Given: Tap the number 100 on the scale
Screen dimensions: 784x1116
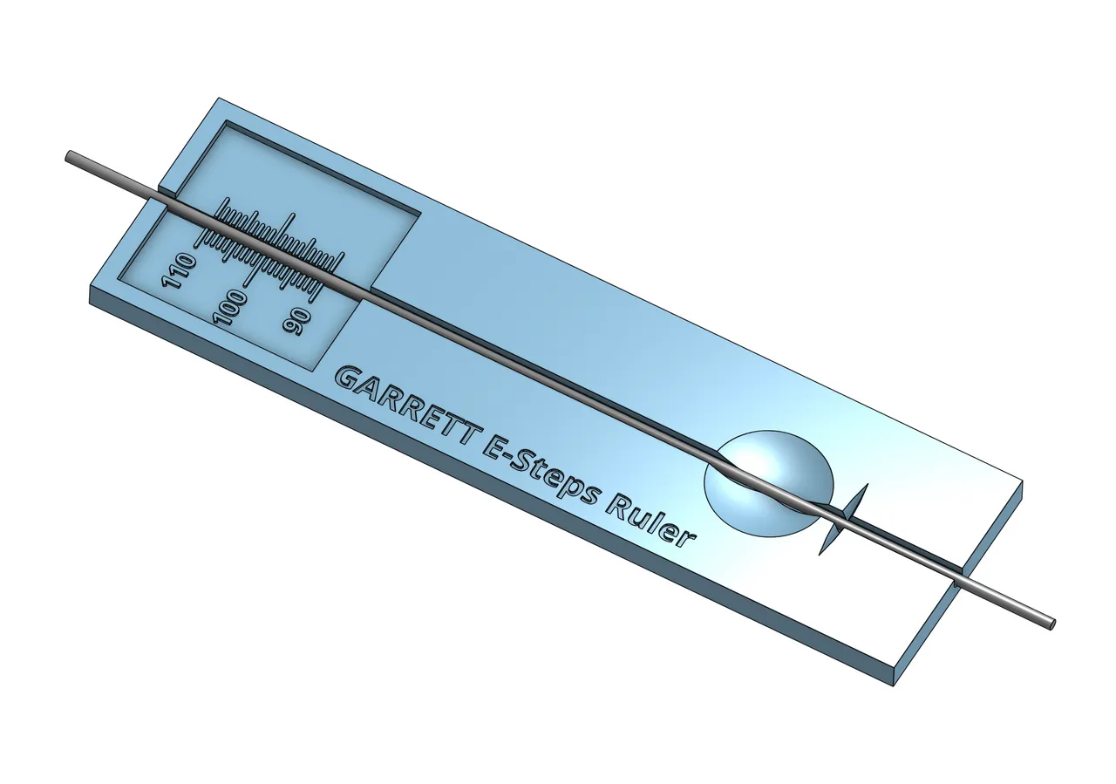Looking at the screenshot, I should pyautogui.click(x=233, y=308).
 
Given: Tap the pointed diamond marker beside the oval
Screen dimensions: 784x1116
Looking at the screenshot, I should pyautogui.click(x=842, y=519).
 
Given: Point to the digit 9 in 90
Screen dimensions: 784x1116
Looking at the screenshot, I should pyautogui.click(x=290, y=327).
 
